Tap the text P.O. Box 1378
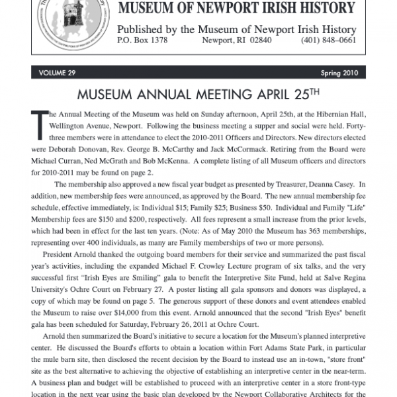pos(142,41)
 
